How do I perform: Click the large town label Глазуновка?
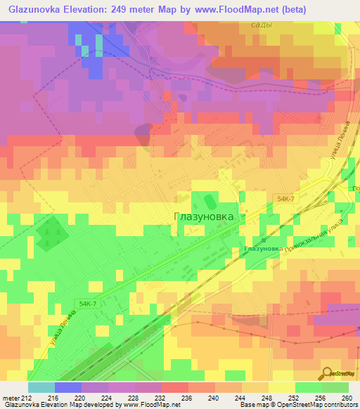coord(203,217)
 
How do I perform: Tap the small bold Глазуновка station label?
coord(263,249)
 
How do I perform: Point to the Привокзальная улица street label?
coord(314,237)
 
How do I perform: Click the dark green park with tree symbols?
coord(49,233)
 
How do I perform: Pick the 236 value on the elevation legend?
coord(186,397)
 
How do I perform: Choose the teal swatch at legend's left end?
coord(41,387)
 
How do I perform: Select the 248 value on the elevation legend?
coord(266,397)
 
